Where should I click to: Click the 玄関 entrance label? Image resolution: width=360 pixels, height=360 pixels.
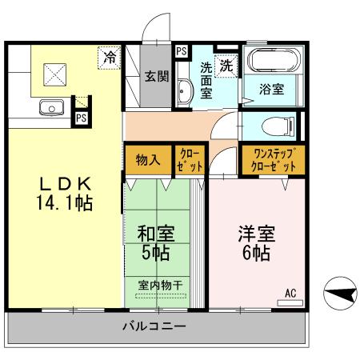click(156, 78)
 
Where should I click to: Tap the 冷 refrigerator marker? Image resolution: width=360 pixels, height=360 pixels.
click(108, 58)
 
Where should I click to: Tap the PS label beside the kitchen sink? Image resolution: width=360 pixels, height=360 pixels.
click(81, 118)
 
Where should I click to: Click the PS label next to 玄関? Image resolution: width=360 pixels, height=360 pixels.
click(182, 52)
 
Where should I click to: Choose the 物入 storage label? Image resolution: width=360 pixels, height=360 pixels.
click(148, 158)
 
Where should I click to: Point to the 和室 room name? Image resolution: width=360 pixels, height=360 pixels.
click(156, 235)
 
